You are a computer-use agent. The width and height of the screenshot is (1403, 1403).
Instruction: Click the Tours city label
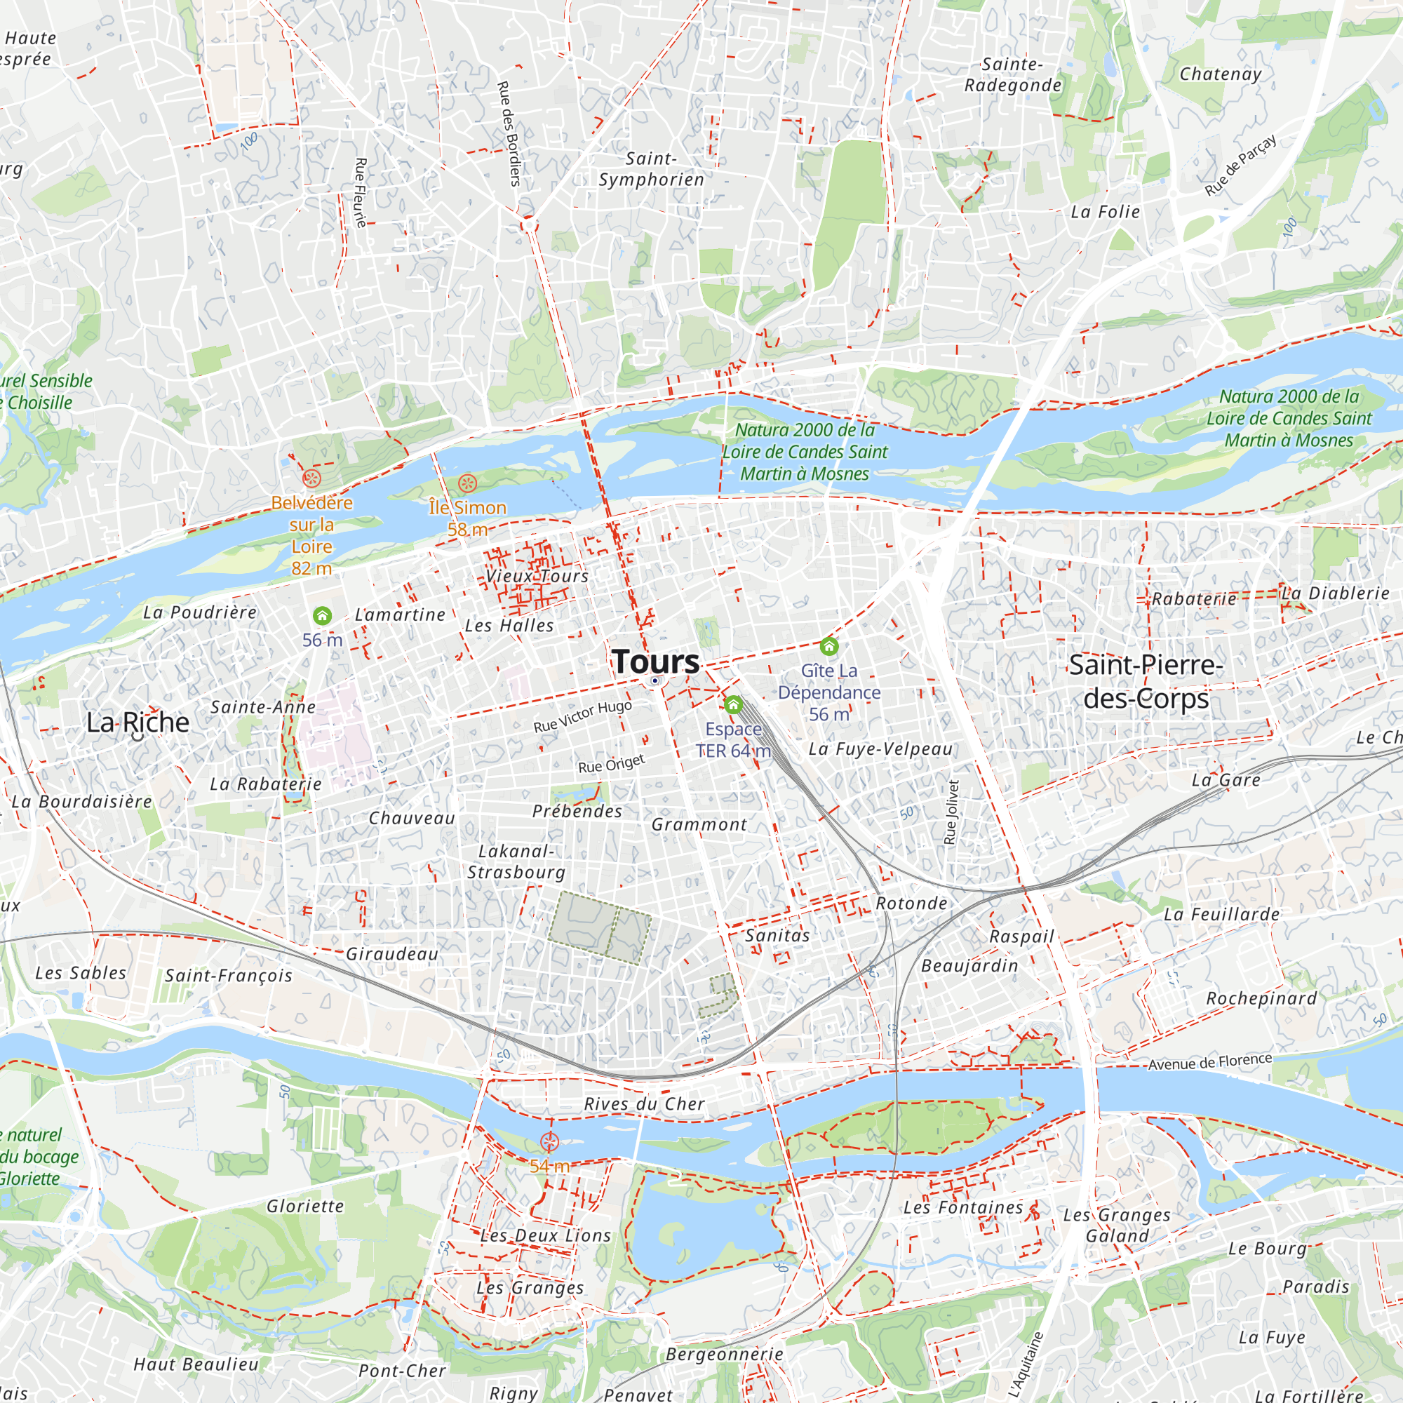[x=656, y=662]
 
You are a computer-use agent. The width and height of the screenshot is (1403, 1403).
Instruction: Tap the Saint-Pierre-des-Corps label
[x=1146, y=681]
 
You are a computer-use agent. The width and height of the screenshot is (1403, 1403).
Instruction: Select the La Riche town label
[x=137, y=723]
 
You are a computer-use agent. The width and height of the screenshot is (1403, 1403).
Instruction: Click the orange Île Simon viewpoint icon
[x=468, y=483]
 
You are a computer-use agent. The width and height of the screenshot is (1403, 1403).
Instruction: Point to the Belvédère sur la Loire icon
[x=311, y=478]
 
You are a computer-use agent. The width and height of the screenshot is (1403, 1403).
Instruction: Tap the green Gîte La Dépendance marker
[x=828, y=645]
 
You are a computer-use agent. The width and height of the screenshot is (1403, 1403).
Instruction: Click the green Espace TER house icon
[x=734, y=704]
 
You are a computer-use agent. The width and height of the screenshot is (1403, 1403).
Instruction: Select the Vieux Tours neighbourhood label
[x=537, y=576]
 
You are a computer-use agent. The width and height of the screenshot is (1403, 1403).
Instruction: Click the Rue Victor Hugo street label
[x=582, y=717]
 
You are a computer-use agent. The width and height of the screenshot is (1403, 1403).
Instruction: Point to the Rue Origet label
[x=612, y=764]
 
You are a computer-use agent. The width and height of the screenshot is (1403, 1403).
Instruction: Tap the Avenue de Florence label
[x=1210, y=1062]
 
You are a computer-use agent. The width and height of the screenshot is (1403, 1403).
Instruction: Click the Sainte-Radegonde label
[x=1013, y=75]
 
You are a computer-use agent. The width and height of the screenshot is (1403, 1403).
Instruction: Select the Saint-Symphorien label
[x=652, y=169]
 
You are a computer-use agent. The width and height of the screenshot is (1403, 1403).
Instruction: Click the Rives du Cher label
[x=644, y=1103]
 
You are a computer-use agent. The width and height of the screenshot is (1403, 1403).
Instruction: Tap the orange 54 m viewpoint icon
[x=550, y=1142]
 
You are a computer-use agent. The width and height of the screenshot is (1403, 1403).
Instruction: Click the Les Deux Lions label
[x=546, y=1235]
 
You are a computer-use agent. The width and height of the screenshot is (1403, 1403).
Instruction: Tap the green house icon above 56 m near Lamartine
[x=323, y=616]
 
